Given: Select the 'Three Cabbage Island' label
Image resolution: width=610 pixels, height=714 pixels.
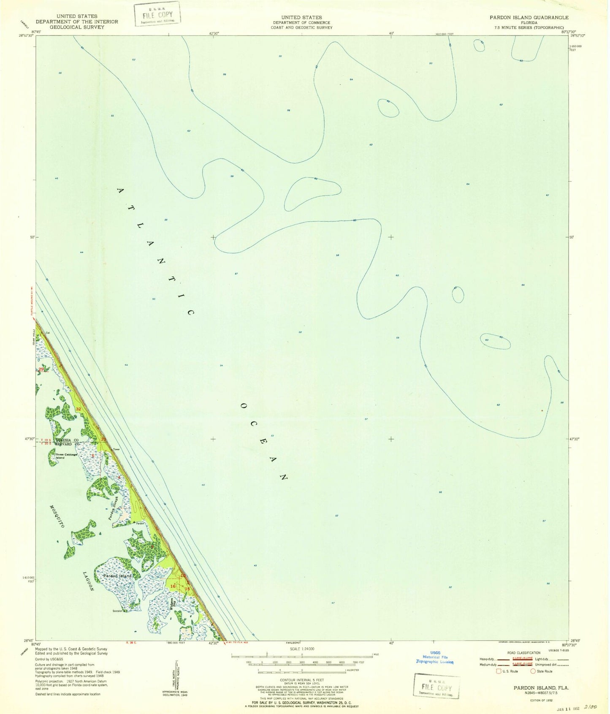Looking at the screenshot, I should click(x=67, y=456).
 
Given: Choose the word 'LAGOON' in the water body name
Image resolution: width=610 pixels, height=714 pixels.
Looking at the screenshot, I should click(x=88, y=581).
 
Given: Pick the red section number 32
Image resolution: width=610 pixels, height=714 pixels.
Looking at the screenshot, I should click(x=79, y=409).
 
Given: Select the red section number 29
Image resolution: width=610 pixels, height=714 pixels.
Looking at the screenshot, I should click(x=41, y=369).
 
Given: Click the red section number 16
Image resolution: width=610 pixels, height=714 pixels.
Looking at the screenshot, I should click(x=173, y=586).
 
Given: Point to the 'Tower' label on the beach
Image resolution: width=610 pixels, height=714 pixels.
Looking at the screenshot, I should click(x=116, y=449).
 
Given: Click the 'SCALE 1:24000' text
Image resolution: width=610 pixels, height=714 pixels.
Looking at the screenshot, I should click(x=301, y=649).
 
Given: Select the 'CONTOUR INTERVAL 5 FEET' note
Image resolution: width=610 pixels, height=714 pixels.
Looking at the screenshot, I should click(x=301, y=680).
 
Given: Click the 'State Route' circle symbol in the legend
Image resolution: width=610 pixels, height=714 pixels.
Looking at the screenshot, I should click(x=533, y=671).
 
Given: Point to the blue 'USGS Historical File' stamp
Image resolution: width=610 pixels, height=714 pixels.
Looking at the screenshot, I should click(x=435, y=657).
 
